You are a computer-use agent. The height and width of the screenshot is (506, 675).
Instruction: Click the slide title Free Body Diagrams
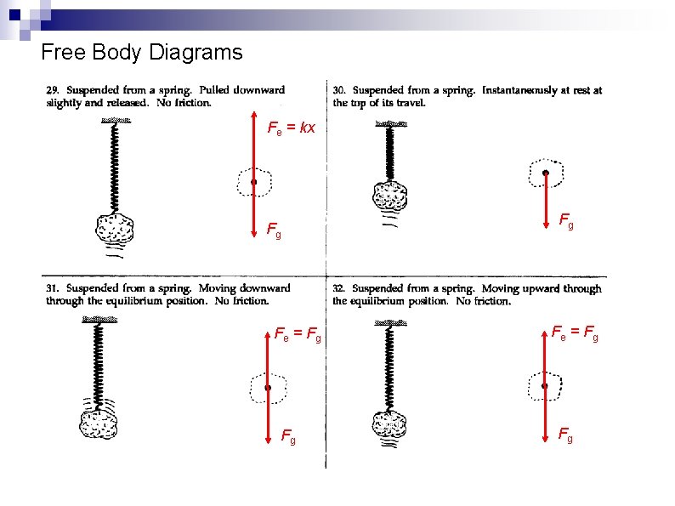(141, 53)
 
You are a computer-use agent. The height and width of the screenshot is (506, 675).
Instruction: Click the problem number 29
(53, 90)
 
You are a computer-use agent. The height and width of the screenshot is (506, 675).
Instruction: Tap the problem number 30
(339, 90)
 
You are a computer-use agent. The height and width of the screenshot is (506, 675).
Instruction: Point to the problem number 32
(339, 289)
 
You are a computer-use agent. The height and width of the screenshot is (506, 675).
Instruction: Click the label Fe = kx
(292, 128)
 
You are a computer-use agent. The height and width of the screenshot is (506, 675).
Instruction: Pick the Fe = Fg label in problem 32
(575, 333)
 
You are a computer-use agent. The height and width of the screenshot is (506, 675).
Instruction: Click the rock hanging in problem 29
(115, 228)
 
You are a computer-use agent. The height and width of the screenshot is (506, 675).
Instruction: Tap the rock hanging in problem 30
(392, 197)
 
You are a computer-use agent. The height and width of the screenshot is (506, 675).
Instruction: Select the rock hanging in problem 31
(98, 422)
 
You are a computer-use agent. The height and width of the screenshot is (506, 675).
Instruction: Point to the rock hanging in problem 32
(392, 424)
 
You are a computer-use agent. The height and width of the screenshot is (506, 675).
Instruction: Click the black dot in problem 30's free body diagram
(545, 173)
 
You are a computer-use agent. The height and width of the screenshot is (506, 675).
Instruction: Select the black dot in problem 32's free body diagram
(545, 386)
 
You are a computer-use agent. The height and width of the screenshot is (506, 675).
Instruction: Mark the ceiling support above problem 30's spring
(391, 124)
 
